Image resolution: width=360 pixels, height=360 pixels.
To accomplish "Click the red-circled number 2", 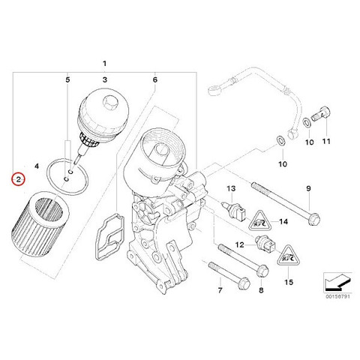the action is [x=18, y=179].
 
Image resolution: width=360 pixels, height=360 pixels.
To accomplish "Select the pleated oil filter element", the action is [x=41, y=223].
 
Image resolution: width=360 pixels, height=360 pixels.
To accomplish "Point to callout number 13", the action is [x=231, y=188].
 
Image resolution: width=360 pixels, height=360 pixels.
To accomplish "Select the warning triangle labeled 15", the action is [x=287, y=255].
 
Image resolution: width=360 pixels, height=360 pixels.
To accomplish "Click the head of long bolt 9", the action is [x=314, y=219].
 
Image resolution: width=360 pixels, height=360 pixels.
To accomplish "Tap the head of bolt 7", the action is [x=244, y=284].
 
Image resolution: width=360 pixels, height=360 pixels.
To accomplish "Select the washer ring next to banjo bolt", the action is [x=306, y=122].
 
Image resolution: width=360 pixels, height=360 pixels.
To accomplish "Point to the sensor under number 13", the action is [x=234, y=209].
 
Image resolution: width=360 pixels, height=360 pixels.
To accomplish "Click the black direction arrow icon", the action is [x=335, y=283].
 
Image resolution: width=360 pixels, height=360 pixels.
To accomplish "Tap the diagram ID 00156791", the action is [x=337, y=296].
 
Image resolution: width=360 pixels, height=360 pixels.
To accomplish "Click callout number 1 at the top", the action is [x=104, y=64].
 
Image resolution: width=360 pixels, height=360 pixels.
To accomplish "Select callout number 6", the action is [x=155, y=79].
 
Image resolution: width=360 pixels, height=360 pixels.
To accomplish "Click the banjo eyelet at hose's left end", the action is [x=214, y=89].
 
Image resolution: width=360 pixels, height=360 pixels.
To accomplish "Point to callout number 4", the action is [x=37, y=166].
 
